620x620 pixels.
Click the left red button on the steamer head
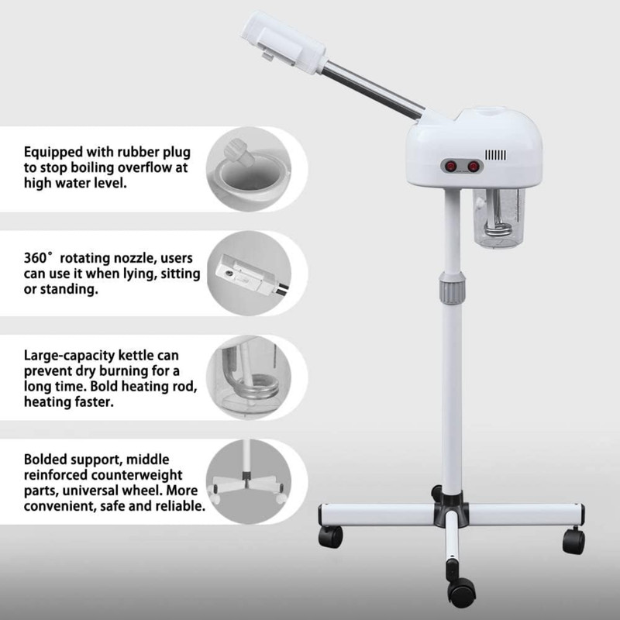pyautogui.click(x=449, y=164)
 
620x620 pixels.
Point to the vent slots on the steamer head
pyautogui.click(x=495, y=156)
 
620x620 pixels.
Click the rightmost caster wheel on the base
pyautogui.click(x=573, y=539)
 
